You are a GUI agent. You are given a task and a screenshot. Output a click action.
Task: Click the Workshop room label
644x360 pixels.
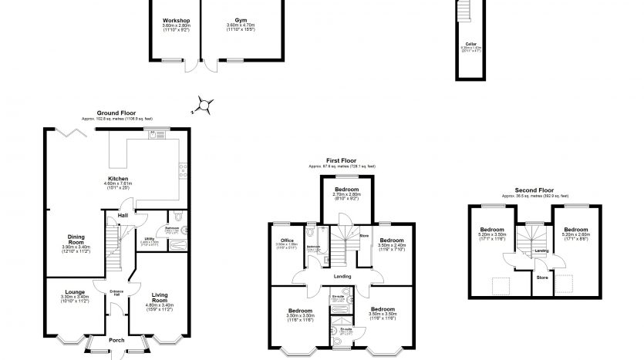(x=176, y=21)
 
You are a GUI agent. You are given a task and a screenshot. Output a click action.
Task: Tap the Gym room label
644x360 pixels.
(x=241, y=21)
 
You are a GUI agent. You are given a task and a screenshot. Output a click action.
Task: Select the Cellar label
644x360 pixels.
(x=470, y=45)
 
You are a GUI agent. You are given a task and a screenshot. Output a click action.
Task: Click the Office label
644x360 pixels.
(x=287, y=241)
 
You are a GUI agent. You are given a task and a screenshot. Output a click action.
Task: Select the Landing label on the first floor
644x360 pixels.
(x=342, y=277)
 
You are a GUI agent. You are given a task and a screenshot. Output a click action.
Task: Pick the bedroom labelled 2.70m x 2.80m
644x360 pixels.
(x=346, y=189)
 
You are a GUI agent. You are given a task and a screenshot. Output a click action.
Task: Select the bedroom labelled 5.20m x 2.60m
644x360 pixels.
(x=575, y=230)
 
